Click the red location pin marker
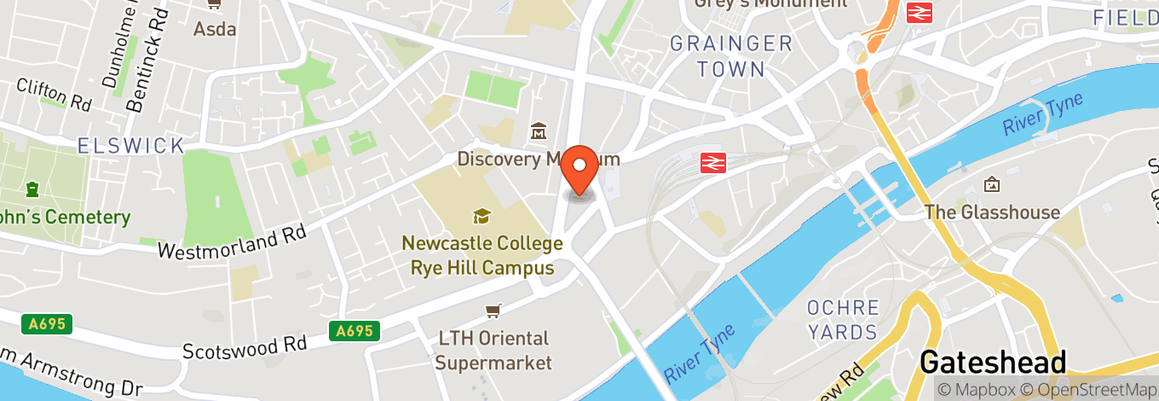pyautogui.click(x=582, y=168)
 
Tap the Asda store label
pyautogui.click(x=214, y=29)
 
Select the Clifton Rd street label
pyautogui.click(x=54, y=94)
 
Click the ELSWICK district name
pyautogui.click(x=131, y=146)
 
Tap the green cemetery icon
pyautogui.click(x=32, y=188)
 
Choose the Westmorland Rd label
pyautogui.click(x=233, y=242)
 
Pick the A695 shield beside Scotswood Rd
pyautogui.click(x=355, y=331)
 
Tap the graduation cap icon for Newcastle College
pyautogui.click(x=481, y=217)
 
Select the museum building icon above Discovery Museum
pyautogui.click(x=539, y=131)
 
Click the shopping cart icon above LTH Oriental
pyautogui.click(x=493, y=311)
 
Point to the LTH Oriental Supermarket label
pyautogui.click(x=493, y=351)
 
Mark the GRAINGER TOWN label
pyautogui.click(x=731, y=56)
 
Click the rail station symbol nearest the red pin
pyautogui.click(x=712, y=163)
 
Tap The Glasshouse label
pyautogui.click(x=992, y=212)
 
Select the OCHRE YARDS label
pyautogui.click(x=843, y=320)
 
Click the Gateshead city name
pyautogui.click(x=993, y=363)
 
